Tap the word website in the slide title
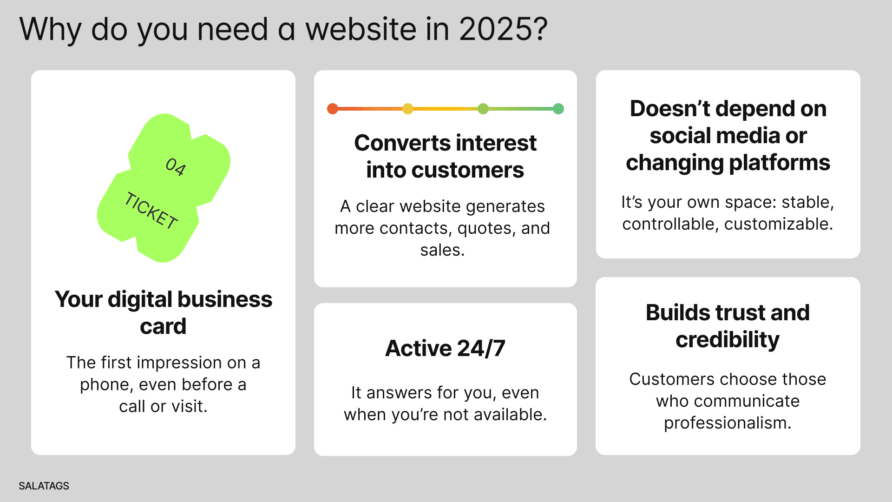pyautogui.click(x=361, y=29)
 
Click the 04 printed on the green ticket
pyautogui.click(x=176, y=167)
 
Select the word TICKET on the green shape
pyautogui.click(x=151, y=211)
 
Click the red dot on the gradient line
pyautogui.click(x=333, y=109)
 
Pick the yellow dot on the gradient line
pyautogui.click(x=408, y=109)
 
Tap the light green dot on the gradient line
pyautogui.click(x=483, y=109)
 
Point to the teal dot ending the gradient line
pyautogui.click(x=558, y=109)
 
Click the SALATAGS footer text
pyautogui.click(x=44, y=486)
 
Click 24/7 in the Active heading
pyautogui.click(x=481, y=348)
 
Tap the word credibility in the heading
pyautogui.click(x=728, y=340)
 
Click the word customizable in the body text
pyautogui.click(x=778, y=224)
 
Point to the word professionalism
pyautogui.click(x=728, y=423)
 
